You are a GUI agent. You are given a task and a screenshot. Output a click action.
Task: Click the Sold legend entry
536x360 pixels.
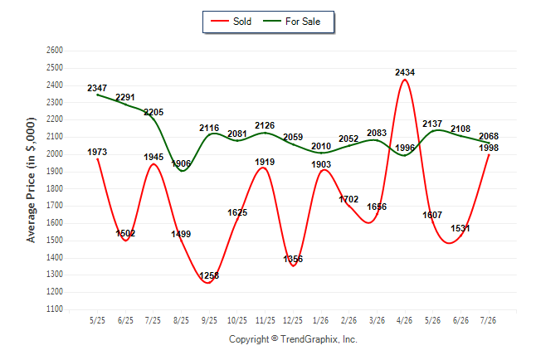click(231, 22)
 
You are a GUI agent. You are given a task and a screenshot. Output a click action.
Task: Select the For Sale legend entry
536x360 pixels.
click(291, 22)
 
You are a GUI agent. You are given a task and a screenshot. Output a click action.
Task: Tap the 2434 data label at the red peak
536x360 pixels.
click(405, 72)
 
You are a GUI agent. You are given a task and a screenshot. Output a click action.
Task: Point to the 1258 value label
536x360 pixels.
click(209, 275)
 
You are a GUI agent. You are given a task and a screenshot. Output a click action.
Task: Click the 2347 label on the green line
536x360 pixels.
click(97, 88)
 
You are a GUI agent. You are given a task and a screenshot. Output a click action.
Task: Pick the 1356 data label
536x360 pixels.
click(293, 259)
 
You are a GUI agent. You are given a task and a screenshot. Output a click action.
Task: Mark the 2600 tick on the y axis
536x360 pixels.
click(55, 51)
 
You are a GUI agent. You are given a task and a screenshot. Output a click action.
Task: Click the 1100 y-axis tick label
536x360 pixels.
click(55, 309)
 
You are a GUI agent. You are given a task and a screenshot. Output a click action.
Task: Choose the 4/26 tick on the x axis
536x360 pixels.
click(405, 320)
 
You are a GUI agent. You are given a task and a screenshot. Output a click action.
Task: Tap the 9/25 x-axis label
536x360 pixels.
click(209, 320)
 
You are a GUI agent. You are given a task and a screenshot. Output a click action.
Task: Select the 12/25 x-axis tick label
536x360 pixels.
click(293, 320)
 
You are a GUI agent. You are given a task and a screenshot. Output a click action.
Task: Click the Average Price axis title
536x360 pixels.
click(31, 180)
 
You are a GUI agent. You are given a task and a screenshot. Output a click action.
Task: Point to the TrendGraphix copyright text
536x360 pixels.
click(293, 339)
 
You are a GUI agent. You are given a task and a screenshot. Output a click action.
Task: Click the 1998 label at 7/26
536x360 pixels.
click(489, 148)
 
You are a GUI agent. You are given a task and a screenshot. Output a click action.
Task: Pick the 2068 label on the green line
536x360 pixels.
click(489, 136)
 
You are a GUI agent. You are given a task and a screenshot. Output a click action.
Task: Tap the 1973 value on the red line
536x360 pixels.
click(97, 152)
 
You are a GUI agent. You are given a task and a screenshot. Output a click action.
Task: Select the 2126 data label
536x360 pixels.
click(265, 125)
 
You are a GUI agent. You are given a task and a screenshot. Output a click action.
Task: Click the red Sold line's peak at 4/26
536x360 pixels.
click(405, 80)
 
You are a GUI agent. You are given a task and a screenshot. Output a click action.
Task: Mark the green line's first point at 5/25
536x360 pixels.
click(98, 95)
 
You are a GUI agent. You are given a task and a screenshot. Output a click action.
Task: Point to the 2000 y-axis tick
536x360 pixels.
click(55, 153)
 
